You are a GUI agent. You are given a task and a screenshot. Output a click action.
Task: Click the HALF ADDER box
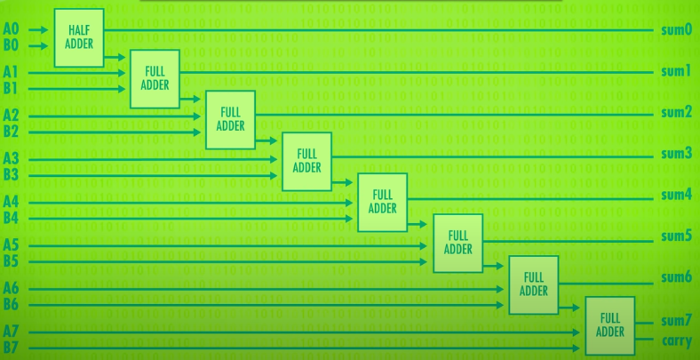(79, 38)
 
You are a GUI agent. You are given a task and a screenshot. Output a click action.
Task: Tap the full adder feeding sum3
(306, 161)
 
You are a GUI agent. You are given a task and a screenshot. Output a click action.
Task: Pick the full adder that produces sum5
(457, 243)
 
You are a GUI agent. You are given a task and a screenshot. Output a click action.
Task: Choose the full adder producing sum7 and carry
(609, 324)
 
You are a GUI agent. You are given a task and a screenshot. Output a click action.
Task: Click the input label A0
(11, 29)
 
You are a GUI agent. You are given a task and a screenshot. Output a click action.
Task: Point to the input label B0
(11, 45)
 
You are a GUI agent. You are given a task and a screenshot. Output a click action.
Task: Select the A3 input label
(11, 158)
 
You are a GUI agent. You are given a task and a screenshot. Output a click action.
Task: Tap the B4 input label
(11, 218)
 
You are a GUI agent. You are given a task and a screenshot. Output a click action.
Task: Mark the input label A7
(11, 332)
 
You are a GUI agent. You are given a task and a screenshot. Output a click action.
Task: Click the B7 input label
(11, 348)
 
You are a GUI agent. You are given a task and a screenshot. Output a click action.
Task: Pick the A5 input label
(11, 244)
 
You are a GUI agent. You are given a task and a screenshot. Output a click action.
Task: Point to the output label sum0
(676, 30)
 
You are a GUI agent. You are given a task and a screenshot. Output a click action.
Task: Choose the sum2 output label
(676, 112)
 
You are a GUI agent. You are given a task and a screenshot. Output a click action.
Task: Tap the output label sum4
(676, 195)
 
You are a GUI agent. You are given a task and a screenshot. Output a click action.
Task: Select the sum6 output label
(676, 277)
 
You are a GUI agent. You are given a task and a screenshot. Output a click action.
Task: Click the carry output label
(676, 341)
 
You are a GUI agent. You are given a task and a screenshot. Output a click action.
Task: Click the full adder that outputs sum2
(230, 120)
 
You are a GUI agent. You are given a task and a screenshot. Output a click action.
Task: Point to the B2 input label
(11, 132)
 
